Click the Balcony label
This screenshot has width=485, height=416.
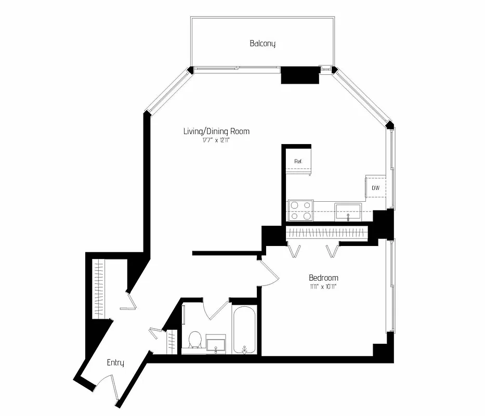[x=263, y=44]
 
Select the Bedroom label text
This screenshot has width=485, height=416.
[x=323, y=278]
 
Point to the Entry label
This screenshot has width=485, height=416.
[x=115, y=362]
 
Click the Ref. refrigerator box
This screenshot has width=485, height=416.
[x=298, y=162]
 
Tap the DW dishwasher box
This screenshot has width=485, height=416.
[x=375, y=187]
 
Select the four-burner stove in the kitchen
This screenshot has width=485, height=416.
[x=301, y=210]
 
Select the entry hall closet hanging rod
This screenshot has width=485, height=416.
[x=99, y=289]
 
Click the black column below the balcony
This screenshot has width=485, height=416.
[x=300, y=75]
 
